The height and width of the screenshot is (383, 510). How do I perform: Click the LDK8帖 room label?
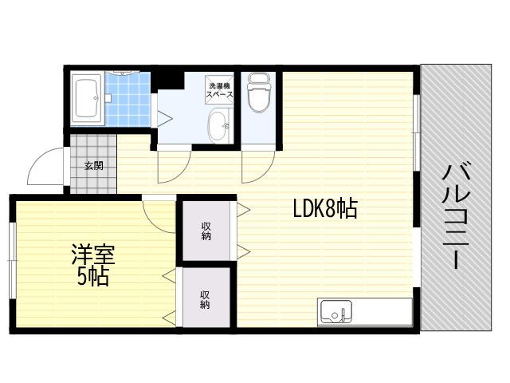(x=325, y=208)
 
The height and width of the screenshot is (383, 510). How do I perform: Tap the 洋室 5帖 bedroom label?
(x=93, y=265)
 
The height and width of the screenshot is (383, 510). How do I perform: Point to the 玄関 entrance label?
(x=94, y=165)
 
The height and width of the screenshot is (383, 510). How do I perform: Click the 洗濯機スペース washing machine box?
(x=220, y=90)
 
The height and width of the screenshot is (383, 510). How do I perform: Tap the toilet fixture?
(x=259, y=93)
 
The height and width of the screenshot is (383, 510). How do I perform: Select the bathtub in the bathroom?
(x=87, y=99)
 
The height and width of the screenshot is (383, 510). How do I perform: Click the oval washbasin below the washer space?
(x=219, y=125)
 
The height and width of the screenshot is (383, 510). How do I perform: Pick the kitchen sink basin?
(x=336, y=311)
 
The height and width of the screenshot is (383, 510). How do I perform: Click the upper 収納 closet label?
(x=206, y=231)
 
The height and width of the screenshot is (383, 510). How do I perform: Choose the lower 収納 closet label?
(x=205, y=300)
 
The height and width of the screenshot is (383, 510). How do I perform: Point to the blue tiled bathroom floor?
(x=127, y=99)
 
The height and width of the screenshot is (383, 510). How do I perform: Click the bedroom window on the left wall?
(x=12, y=260)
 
